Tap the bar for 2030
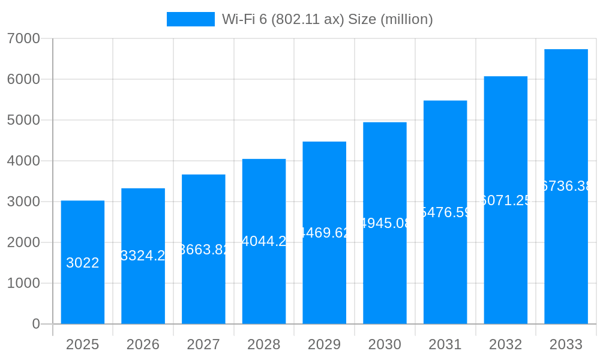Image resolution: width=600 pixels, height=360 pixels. click(385, 270)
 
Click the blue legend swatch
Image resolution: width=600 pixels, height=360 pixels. click(190, 19)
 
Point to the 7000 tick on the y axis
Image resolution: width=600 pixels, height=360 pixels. click(23, 38)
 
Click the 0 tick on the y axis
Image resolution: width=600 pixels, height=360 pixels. click(35, 324)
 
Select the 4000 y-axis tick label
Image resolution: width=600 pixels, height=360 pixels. click(23, 161)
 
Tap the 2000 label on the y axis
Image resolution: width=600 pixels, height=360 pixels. click(23, 242)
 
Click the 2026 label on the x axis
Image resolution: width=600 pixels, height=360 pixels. click(143, 344)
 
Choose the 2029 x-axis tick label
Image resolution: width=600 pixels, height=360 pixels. click(324, 344)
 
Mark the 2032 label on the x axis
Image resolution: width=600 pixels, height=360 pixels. click(505, 344)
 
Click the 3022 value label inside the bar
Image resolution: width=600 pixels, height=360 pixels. click(83, 263)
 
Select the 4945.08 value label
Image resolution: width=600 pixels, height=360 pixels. click(385, 223)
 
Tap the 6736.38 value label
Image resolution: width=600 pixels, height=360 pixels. click(566, 186)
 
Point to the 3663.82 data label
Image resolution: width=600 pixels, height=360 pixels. click(203, 250)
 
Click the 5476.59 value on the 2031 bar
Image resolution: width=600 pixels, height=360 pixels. click(445, 212)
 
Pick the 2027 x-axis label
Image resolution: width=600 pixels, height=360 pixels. click(203, 344)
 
